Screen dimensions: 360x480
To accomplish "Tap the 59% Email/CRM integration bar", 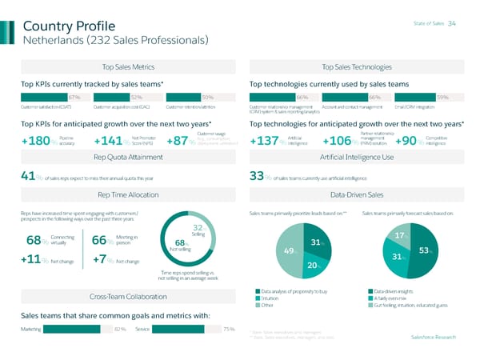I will click(x=428, y=97).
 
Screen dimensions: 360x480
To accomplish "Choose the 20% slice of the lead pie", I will click(x=312, y=264).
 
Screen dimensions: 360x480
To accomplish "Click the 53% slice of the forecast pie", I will click(x=422, y=250).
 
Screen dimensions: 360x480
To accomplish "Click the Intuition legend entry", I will click(x=274, y=298).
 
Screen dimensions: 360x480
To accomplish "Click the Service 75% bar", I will click(x=192, y=329).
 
